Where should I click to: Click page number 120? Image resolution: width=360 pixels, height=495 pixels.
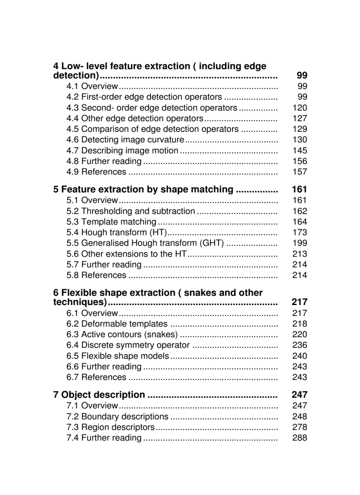pos(300,108)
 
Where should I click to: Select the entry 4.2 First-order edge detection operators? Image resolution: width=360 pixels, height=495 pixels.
pos(144,97)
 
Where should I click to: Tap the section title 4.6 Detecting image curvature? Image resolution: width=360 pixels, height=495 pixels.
pos(125,140)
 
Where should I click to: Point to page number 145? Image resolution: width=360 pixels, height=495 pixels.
pos(300,150)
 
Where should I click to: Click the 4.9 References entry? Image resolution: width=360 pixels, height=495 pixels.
pos(96,172)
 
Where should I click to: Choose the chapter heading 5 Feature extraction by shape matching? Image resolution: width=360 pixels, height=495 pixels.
pos(143,190)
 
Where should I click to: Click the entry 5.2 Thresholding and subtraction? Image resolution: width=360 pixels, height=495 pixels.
pos(131,211)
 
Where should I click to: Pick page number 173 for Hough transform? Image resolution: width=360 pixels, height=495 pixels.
pos(300,232)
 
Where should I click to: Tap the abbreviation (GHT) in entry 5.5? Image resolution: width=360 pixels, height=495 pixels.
pos(212,243)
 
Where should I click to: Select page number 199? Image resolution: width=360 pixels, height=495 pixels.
pos(300,243)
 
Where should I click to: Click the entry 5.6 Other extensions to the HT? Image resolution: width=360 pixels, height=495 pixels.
pos(127,254)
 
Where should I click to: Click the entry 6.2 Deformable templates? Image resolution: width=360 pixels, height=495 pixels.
pos(117,324)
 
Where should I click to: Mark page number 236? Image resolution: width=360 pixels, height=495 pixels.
pos(300,345)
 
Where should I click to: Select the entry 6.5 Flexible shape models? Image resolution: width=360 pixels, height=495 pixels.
pos(118,356)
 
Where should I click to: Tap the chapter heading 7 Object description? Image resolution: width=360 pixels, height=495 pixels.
pos(99,395)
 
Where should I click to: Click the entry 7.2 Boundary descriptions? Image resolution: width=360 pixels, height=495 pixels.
pos(117,417)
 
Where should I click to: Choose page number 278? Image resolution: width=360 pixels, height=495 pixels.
pos(300,427)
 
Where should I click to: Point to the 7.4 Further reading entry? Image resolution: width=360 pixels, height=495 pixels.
pos(104,438)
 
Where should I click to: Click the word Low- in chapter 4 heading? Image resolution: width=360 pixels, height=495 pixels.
pos(72,66)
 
